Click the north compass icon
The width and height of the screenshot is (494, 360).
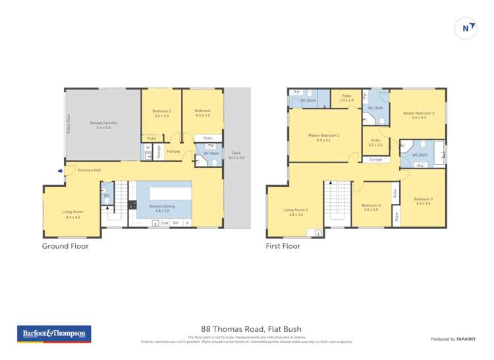click(x=466, y=28)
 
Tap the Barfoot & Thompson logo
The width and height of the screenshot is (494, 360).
click(x=54, y=334)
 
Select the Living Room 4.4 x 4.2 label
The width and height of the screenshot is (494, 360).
click(x=72, y=214)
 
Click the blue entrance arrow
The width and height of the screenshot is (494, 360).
click(x=61, y=171)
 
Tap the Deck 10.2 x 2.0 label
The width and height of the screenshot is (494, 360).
click(x=236, y=155)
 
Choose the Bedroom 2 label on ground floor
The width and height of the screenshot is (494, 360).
click(x=161, y=113)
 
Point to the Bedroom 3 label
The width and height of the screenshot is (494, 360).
click(x=423, y=201)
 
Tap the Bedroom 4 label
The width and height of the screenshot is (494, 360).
click(x=370, y=208)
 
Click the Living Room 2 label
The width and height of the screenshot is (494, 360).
click(x=296, y=213)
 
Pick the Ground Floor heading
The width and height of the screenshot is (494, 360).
click(x=65, y=246)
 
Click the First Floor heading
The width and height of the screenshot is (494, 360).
click(x=283, y=246)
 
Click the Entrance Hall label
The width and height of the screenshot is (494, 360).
click(x=88, y=170)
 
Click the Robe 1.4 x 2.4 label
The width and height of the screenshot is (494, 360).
click(x=346, y=99)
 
